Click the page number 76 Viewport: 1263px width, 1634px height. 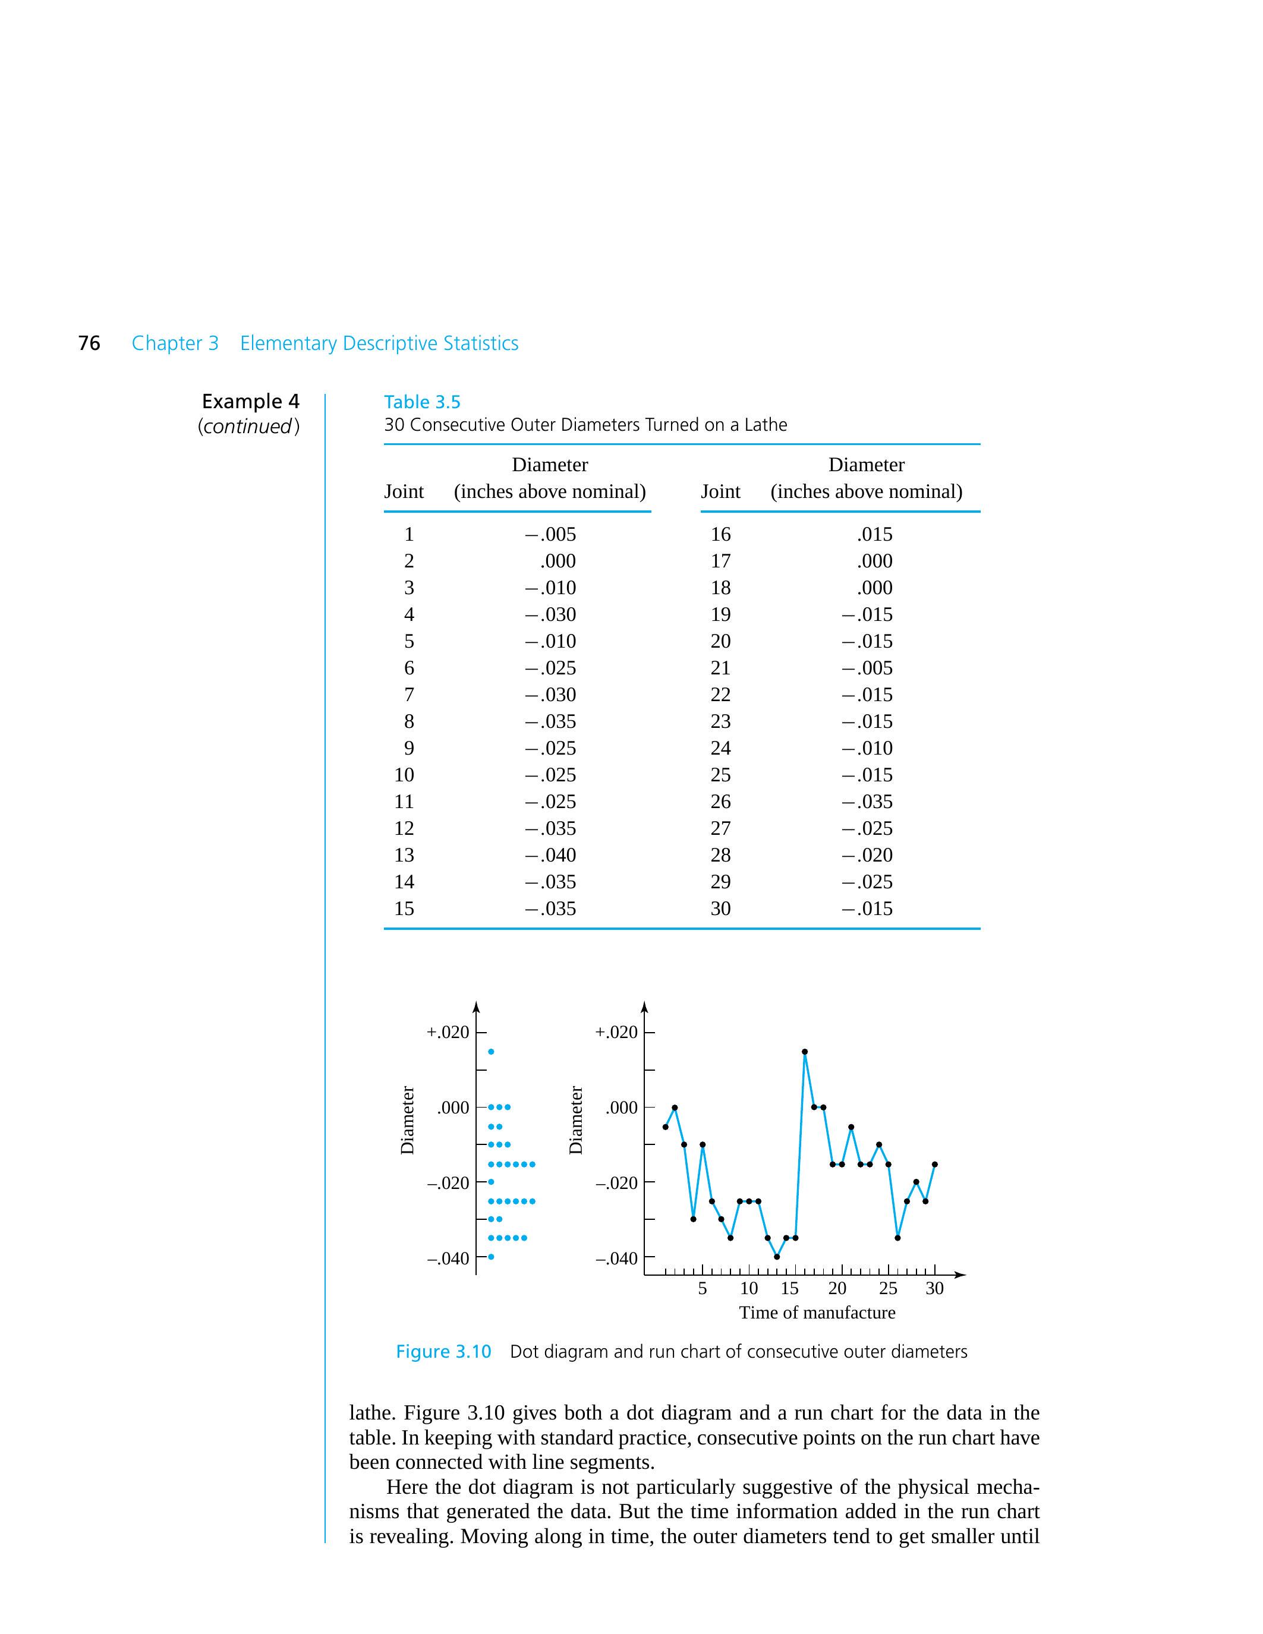[x=89, y=343]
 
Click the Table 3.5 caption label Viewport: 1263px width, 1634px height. [x=422, y=402]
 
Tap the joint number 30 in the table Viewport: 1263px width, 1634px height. [x=720, y=909]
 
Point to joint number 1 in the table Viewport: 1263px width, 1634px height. [x=408, y=534]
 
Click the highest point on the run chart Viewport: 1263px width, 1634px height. [x=804, y=1052]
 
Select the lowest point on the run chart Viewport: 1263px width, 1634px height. [x=777, y=1257]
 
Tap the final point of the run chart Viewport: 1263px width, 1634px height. [x=934, y=1164]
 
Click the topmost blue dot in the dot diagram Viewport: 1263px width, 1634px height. [x=491, y=1052]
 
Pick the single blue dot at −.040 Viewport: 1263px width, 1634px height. [x=491, y=1257]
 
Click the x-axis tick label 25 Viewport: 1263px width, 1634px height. [x=888, y=1288]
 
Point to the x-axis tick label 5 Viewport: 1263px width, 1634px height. [x=702, y=1288]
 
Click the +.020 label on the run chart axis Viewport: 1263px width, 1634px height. [x=616, y=1033]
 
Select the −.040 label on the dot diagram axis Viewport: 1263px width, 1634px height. [x=448, y=1258]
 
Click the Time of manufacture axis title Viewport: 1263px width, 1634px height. [x=817, y=1313]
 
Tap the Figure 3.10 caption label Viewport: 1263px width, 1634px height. [x=443, y=1352]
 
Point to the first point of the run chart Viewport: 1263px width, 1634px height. [x=665, y=1127]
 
